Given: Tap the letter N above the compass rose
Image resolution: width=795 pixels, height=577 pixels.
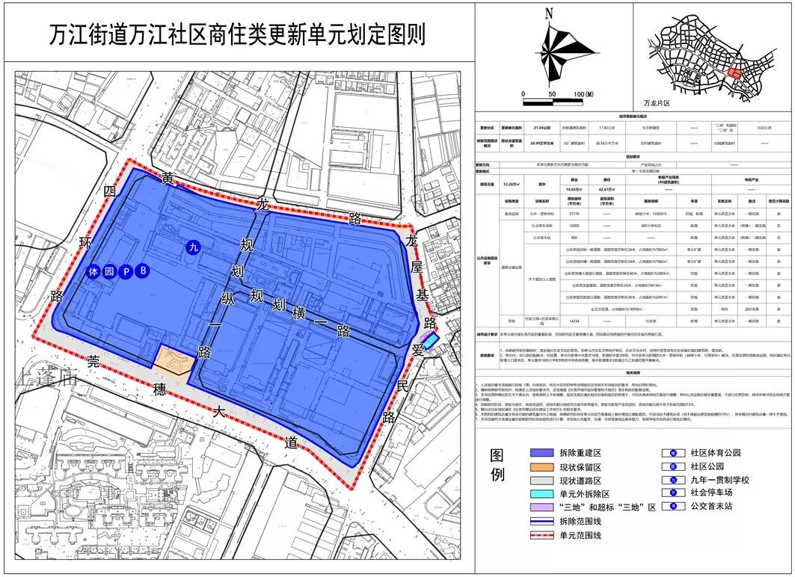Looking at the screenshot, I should pyautogui.click(x=549, y=13).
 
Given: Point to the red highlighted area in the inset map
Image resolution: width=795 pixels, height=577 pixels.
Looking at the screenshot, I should pyautogui.click(x=735, y=74).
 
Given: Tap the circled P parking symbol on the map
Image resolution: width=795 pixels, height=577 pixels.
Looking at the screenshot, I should pyautogui.click(x=126, y=271).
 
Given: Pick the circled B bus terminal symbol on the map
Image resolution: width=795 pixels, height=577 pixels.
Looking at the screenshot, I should pyautogui.click(x=144, y=271).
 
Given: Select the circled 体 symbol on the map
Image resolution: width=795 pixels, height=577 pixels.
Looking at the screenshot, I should pyautogui.click(x=93, y=271).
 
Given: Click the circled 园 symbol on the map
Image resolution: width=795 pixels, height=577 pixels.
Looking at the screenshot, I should pyautogui.click(x=109, y=271).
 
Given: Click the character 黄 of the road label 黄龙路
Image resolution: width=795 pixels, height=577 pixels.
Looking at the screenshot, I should pyautogui.click(x=169, y=179).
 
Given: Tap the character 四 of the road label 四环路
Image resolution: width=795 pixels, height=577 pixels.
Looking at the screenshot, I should pyautogui.click(x=111, y=191).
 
